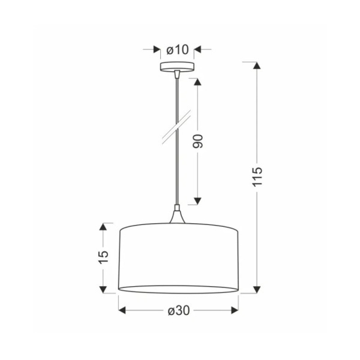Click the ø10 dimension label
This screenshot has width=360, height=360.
tap(177, 50)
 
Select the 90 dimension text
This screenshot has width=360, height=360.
tap(198, 141)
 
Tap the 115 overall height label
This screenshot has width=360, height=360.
tap(257, 177)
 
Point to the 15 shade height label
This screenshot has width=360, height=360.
tap(104, 257)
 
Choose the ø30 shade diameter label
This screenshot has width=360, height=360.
tap(179, 311)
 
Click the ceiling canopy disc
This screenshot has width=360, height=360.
tap(177, 67)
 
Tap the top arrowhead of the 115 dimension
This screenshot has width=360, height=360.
tap(257, 65)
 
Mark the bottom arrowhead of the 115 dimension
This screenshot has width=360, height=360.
tap(257, 290)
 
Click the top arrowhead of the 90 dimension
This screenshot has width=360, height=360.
tap(197, 82)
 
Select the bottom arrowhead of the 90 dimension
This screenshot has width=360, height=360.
tap(197, 201)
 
